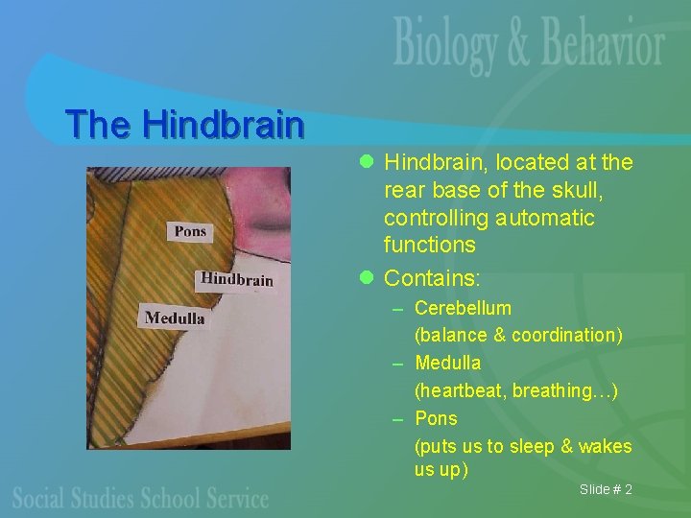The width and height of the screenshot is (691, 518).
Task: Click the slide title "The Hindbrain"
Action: click(184, 124)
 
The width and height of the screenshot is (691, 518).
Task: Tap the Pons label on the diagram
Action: click(190, 231)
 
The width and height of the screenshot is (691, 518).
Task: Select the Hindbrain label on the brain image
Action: click(236, 279)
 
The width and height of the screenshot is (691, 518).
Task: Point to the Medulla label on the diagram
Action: click(175, 318)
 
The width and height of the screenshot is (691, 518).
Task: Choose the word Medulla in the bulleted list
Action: click(447, 363)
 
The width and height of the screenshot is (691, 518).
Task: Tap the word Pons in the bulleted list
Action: click(436, 418)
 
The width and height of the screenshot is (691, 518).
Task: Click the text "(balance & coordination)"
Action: click(518, 335)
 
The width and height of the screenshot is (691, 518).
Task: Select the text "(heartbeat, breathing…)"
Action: click(515, 390)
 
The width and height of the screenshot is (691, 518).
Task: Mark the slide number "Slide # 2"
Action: click(606, 490)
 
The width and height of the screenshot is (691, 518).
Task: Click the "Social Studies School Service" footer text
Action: click(140, 497)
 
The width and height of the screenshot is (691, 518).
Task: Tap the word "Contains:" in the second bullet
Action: click(432, 278)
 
